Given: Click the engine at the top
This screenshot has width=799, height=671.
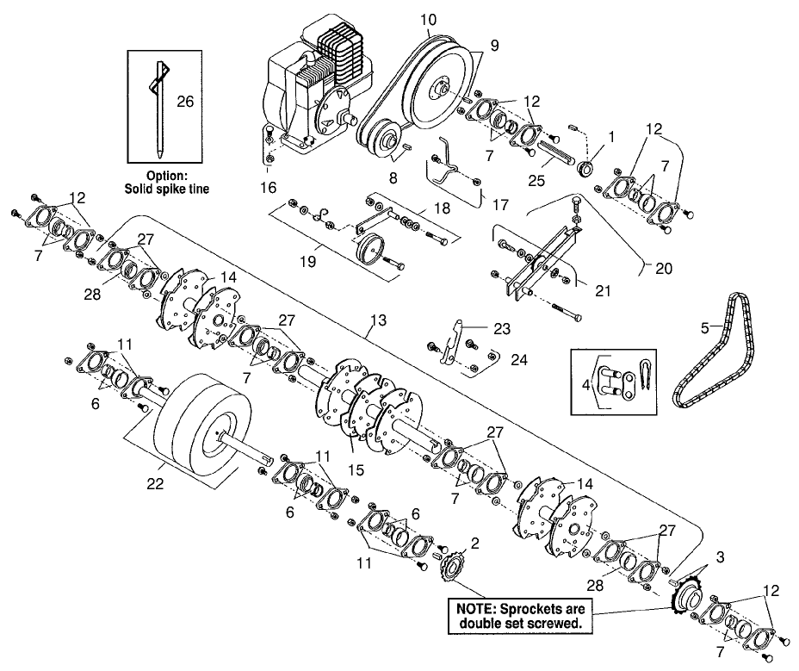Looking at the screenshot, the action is click(x=319, y=87).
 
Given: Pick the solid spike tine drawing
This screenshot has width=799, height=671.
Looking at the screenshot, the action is click(x=160, y=109).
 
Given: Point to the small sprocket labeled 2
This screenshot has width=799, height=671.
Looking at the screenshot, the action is click(x=451, y=564).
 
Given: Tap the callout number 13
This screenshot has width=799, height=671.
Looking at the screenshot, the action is click(x=379, y=320).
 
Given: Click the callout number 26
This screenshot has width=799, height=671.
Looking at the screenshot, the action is click(x=185, y=102).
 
